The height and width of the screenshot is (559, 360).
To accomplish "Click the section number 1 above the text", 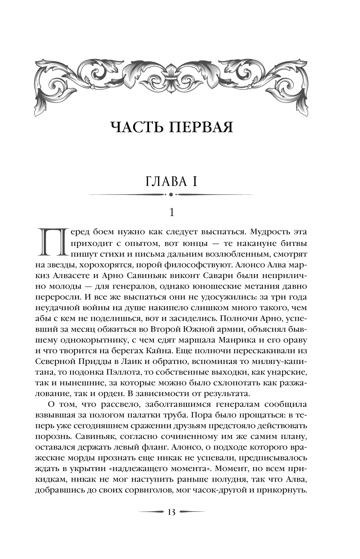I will click(171, 213).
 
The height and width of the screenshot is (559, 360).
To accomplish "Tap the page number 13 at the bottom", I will click(171, 512).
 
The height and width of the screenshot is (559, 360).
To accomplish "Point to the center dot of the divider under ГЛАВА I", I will click(171, 194).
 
